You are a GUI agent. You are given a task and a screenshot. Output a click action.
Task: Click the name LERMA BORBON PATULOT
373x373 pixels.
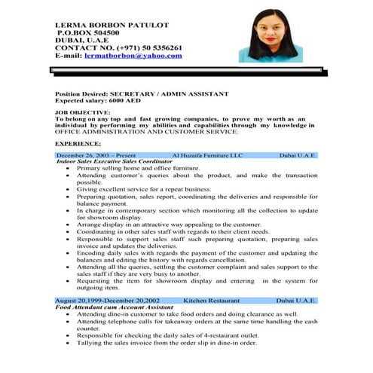(x=112, y=24)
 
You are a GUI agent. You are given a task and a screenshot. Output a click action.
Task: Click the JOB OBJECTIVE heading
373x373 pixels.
(x=81, y=112)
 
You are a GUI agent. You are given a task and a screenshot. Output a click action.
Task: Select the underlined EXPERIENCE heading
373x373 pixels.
(x=78, y=142)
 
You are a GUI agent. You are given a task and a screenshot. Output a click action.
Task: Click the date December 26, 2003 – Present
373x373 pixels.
(x=96, y=155)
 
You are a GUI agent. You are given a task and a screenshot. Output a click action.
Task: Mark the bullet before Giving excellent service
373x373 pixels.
(x=69, y=189)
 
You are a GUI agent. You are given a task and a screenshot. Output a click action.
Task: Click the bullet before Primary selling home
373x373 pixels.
(x=69, y=168)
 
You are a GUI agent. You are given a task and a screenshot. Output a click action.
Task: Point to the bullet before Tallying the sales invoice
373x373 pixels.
(x=69, y=343)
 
